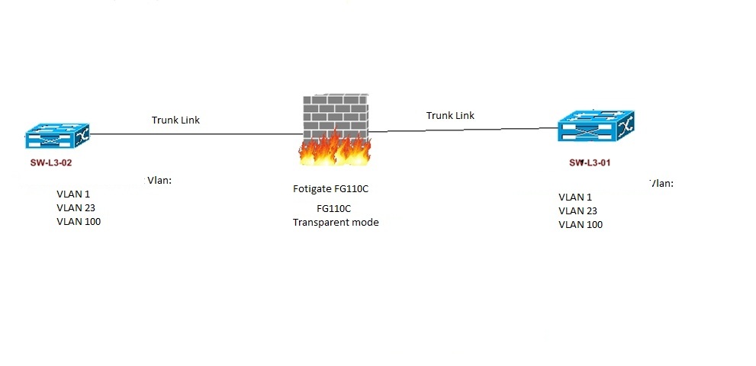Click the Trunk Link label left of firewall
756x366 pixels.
click(x=175, y=120)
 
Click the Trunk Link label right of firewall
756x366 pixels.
click(x=450, y=115)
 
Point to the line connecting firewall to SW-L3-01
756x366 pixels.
click(x=465, y=130)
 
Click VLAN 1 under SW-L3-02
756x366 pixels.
click(x=73, y=194)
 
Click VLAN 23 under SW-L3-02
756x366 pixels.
click(x=76, y=207)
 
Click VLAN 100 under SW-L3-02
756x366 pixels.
click(x=79, y=221)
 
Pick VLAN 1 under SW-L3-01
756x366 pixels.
click(x=575, y=197)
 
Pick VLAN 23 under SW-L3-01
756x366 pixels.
click(x=577, y=210)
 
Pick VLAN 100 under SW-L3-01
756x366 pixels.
click(x=581, y=224)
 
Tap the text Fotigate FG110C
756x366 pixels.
click(x=336, y=188)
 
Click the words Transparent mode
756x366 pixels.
click(x=336, y=222)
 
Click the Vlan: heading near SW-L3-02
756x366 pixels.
click(x=159, y=181)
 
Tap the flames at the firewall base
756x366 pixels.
click(x=336, y=149)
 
